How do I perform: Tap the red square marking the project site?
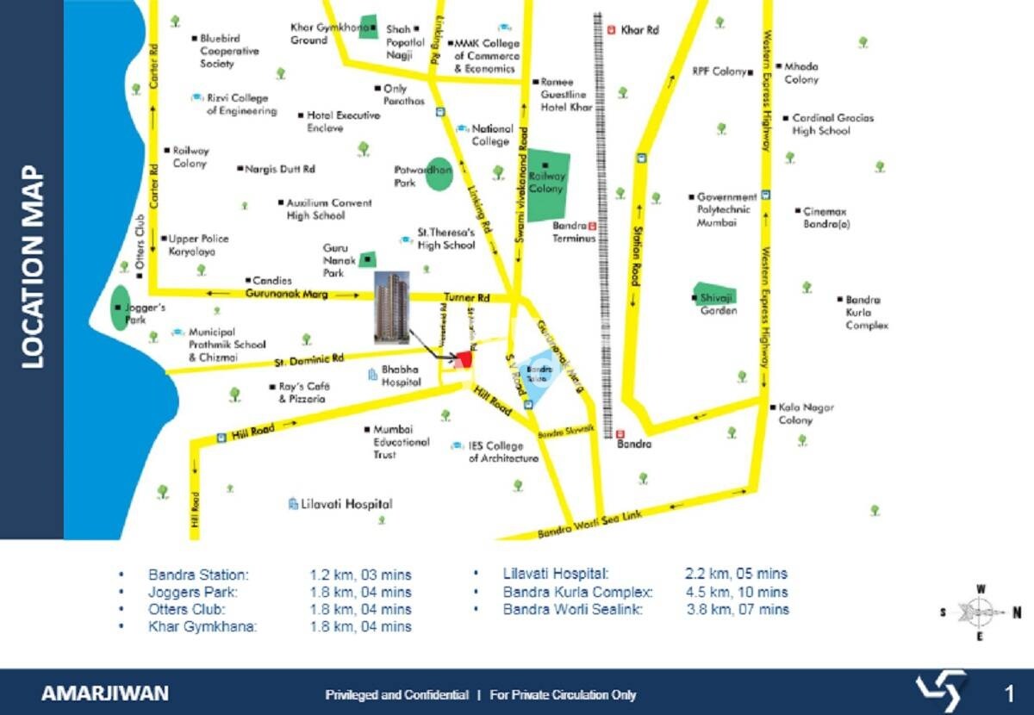(x=464, y=358)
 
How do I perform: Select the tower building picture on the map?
(x=392, y=306)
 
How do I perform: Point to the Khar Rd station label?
(x=639, y=30)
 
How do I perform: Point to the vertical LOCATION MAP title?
(x=33, y=266)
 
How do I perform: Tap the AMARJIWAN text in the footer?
(x=105, y=693)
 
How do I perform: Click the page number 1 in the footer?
(x=1009, y=693)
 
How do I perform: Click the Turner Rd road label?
(x=472, y=297)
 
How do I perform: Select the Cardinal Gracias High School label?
(x=820, y=124)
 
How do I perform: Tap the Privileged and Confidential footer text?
(x=396, y=694)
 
